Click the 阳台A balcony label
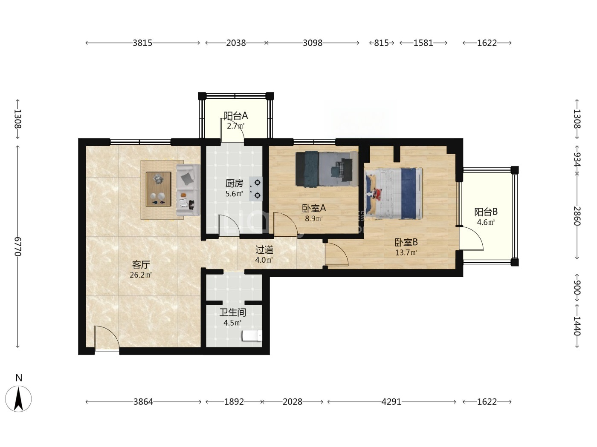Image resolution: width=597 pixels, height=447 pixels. point(235,116)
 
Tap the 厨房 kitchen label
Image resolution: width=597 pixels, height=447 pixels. point(234,184)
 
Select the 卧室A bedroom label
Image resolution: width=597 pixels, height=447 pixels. point(314,208)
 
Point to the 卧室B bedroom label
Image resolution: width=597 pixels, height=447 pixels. point(406,242)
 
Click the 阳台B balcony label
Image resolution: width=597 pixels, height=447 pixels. point(486,212)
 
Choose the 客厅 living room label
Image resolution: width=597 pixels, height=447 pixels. point(141,264)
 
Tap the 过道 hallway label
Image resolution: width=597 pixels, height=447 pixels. point(264,250)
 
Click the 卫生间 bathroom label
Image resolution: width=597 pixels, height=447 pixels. point(233,312)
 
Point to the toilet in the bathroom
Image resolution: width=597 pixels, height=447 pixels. point(252,336)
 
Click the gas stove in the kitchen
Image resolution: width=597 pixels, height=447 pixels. point(256,189)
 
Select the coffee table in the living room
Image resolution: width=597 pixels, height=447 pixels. point(158,189)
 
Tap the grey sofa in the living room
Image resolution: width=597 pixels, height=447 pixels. point(188,190)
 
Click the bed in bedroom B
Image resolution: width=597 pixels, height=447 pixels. point(394,193)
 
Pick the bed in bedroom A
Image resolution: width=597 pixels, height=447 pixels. point(327,169)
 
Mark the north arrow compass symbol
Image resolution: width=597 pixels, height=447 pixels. point(18,399)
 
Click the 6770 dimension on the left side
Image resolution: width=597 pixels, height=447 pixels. point(17,246)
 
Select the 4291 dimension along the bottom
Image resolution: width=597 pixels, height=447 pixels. point(391,402)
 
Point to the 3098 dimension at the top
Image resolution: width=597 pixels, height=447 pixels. point(313,43)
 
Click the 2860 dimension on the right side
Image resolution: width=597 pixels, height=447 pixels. point(577,216)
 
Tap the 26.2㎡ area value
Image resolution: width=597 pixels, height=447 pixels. point(141,275)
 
